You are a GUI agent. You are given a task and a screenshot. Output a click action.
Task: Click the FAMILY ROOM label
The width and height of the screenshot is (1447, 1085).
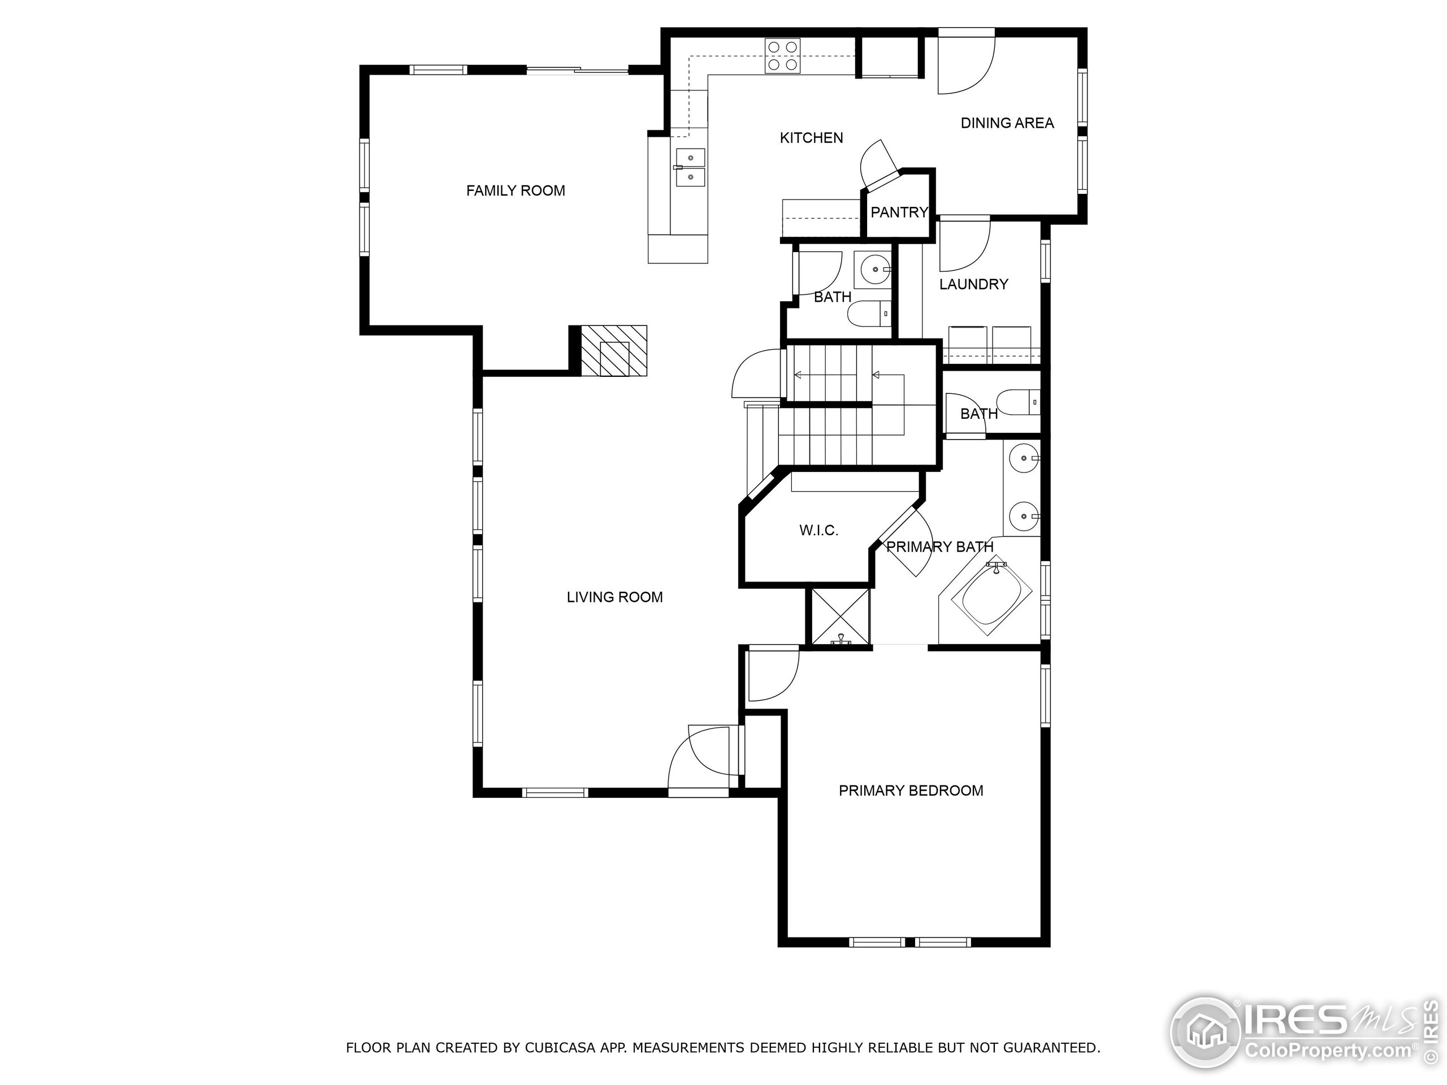click(x=515, y=191)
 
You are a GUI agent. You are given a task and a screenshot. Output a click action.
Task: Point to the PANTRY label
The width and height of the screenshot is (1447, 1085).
click(x=899, y=212)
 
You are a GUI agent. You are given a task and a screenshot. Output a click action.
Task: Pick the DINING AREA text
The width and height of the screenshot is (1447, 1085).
click(x=1007, y=123)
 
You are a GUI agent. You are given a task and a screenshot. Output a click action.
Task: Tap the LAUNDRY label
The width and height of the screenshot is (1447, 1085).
click(x=973, y=284)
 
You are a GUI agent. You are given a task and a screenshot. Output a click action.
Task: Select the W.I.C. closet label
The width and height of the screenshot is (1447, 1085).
click(x=818, y=531)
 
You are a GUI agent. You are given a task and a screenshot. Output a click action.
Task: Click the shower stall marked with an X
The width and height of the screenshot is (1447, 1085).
click(x=840, y=617)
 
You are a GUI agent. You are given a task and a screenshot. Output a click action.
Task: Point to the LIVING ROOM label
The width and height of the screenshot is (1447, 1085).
click(x=614, y=597)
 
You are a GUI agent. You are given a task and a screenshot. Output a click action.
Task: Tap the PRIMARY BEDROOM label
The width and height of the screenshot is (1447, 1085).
click(x=911, y=791)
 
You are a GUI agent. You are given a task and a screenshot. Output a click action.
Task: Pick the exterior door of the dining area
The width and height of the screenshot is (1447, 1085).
click(x=966, y=62)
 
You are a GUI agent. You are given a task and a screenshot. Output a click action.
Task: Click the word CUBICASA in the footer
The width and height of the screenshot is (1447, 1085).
click(x=560, y=1048)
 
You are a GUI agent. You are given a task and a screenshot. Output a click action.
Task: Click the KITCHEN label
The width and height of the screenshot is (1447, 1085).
click(x=811, y=138)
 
